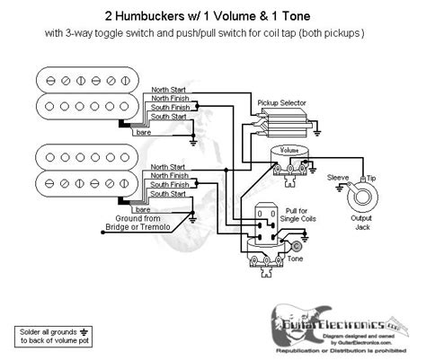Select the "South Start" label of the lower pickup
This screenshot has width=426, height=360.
[170, 194]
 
